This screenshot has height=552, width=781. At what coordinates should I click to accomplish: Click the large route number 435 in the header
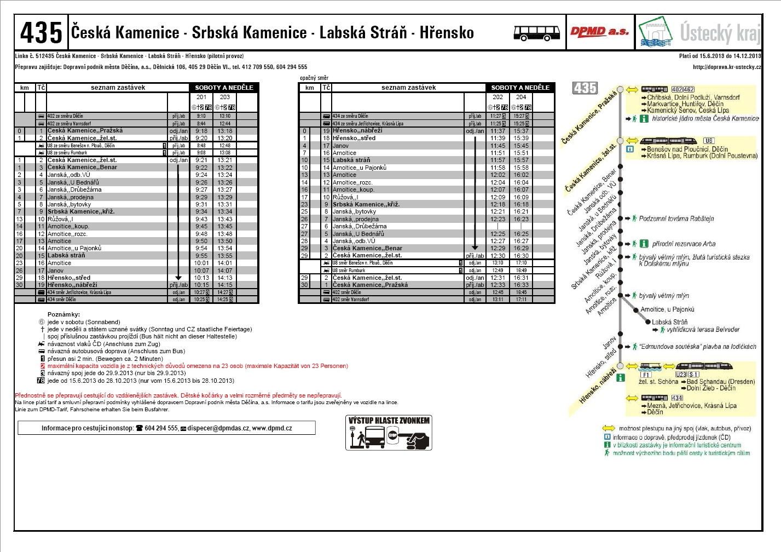[41, 33]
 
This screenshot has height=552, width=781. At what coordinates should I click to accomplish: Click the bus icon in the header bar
[536, 33]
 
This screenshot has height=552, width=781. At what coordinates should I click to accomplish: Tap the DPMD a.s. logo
[599, 32]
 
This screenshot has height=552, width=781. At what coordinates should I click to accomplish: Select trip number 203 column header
[225, 97]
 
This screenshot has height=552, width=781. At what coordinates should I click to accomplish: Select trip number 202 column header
[497, 97]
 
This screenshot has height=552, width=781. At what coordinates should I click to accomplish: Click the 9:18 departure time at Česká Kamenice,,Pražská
[201, 131]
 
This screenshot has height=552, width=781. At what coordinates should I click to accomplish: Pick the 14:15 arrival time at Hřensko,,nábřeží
[225, 285]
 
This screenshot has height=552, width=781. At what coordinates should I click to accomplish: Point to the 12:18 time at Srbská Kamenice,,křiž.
[497, 204]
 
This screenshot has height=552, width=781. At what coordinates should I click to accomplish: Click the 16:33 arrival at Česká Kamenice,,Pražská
[521, 285]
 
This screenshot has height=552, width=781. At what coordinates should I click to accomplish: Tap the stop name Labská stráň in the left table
[66, 256]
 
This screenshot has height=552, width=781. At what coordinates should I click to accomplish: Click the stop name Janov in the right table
[340, 146]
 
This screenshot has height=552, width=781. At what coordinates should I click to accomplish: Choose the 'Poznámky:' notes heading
[63, 315]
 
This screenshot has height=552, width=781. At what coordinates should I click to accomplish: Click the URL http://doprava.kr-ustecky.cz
[726, 67]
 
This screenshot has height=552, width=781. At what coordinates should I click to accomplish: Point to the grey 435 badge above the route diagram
[585, 88]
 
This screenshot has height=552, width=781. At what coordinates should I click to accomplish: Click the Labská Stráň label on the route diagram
[669, 323]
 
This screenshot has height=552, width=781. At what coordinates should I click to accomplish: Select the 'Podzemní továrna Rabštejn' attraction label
[676, 219]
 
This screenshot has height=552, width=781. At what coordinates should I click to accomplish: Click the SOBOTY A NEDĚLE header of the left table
[224, 88]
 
